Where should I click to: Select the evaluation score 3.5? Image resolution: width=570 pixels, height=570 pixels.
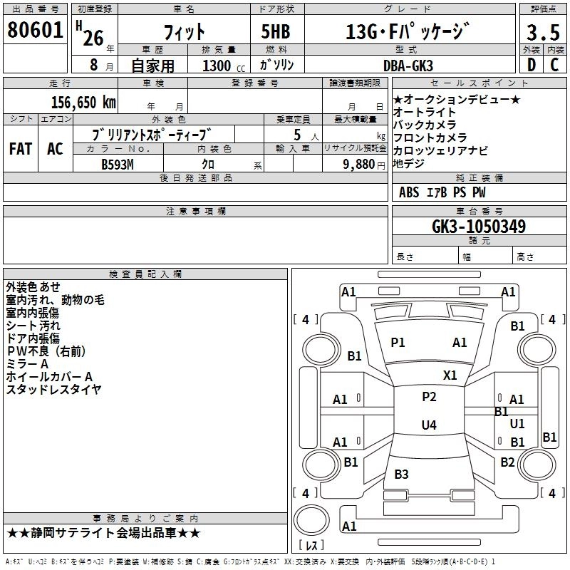click(541, 33)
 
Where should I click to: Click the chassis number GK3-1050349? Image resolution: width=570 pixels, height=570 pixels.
click(479, 227)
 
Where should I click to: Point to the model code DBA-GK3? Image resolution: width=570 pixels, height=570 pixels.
click(418, 65)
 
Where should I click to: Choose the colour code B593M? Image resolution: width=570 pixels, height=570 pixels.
click(118, 164)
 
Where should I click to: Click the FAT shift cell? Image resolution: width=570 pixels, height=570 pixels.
click(20, 149)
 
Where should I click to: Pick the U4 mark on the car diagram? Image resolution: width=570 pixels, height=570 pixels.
click(428, 425)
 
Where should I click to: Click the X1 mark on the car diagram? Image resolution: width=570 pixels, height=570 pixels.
click(450, 375)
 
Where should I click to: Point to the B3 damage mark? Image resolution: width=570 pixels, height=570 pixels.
click(401, 475)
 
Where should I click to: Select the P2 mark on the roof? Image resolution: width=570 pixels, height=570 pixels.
click(428, 397)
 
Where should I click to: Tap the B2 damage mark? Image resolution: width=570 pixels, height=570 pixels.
click(507, 462)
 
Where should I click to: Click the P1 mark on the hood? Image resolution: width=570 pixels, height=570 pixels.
click(398, 343)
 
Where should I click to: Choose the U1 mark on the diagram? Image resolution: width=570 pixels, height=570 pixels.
click(517, 423)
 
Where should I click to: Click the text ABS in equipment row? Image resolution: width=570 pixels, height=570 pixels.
click(409, 192)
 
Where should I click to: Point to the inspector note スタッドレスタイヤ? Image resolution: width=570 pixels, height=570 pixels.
click(53, 389)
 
